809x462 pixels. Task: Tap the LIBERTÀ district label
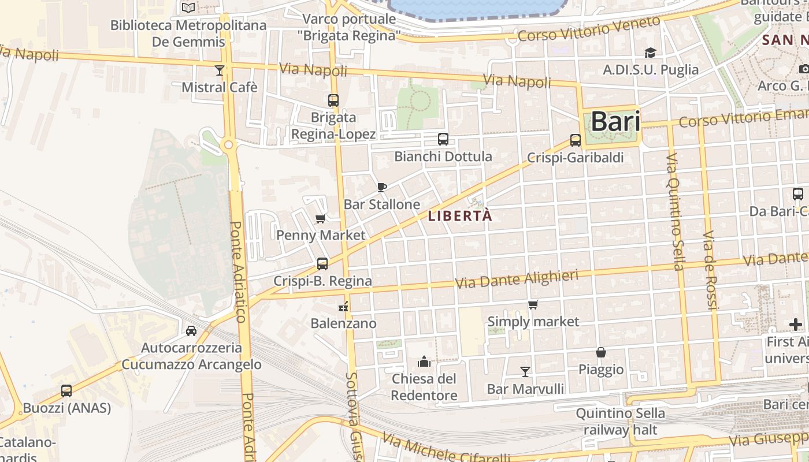(461, 216)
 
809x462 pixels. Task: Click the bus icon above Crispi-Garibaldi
(575, 140)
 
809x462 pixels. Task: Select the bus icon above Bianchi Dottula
(443, 139)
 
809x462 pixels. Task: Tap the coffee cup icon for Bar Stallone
(381, 187)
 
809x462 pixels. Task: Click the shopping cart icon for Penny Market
(321, 218)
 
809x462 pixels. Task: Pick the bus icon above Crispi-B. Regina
(322, 263)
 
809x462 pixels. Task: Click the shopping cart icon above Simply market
(533, 304)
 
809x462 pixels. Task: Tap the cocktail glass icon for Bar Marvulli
(525, 371)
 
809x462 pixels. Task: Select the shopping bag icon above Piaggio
(601, 352)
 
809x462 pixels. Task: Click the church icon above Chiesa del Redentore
(424, 362)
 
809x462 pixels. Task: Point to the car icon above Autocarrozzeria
(191, 330)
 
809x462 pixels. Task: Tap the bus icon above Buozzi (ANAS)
(66, 390)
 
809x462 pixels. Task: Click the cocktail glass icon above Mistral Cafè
(219, 70)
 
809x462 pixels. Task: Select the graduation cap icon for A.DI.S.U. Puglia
(651, 53)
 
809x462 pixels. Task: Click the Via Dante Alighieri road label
(517, 280)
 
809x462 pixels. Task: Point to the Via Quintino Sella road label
(675, 211)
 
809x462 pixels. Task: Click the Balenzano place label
(343, 323)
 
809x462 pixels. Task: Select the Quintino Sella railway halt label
(621, 422)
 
